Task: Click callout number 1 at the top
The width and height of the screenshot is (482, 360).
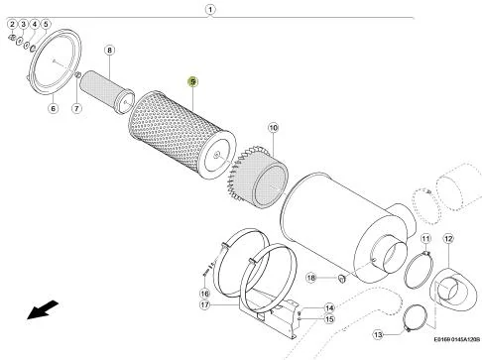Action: pyautogui.click(x=210, y=10)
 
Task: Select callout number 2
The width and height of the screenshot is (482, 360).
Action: pyautogui.click(x=12, y=24)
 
